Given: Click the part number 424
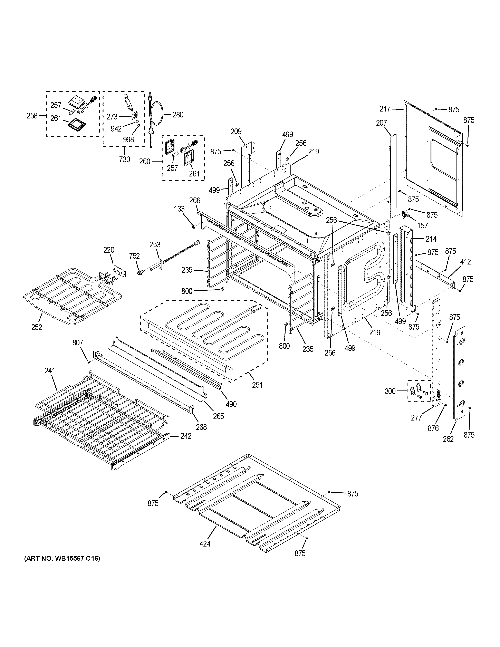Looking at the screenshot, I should click(x=205, y=544).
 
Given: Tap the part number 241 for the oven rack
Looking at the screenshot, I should click(x=50, y=371).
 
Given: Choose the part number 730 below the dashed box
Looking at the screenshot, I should click(x=124, y=159).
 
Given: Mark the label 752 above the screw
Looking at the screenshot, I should click(x=134, y=256).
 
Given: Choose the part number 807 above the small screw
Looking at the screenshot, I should click(x=78, y=343).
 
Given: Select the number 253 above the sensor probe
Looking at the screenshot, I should click(x=155, y=244).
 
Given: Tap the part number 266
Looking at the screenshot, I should click(x=195, y=201).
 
